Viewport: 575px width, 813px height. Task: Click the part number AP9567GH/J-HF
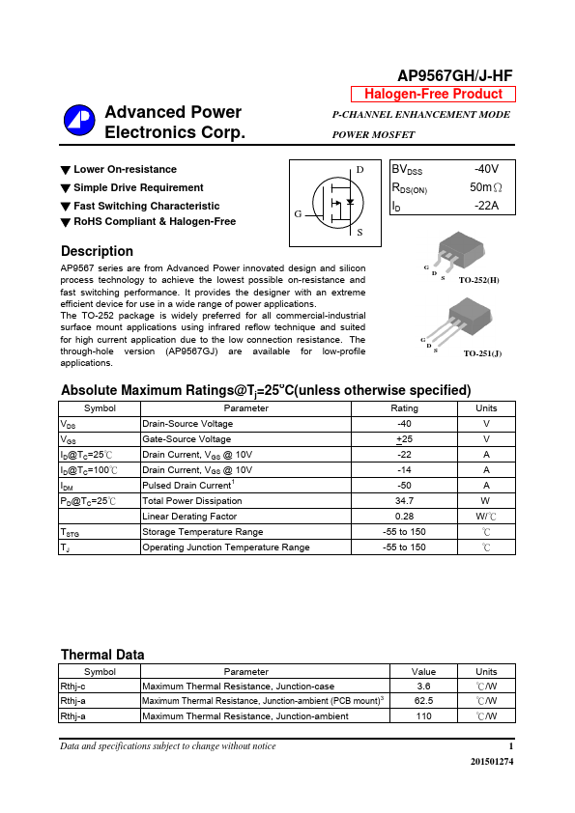tap(456, 76)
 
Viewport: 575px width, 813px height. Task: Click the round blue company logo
tap(78, 120)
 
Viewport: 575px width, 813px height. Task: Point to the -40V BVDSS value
tap(486, 168)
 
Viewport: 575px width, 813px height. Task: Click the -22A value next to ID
tap(486, 206)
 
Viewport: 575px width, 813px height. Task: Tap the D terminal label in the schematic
tap(359, 171)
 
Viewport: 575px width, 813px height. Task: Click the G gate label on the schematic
tap(299, 212)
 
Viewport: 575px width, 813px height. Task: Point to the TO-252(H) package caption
tap(478, 279)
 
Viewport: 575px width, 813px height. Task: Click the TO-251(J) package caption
tap(481, 354)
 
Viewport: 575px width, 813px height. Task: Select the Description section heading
tap(97, 251)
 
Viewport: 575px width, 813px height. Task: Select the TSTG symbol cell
tap(70, 532)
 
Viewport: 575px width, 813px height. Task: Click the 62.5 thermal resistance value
tap(423, 701)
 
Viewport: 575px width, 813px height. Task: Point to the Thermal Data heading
tap(102, 655)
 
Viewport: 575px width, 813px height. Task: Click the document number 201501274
tap(492, 762)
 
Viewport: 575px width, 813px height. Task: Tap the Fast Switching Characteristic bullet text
tap(146, 206)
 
